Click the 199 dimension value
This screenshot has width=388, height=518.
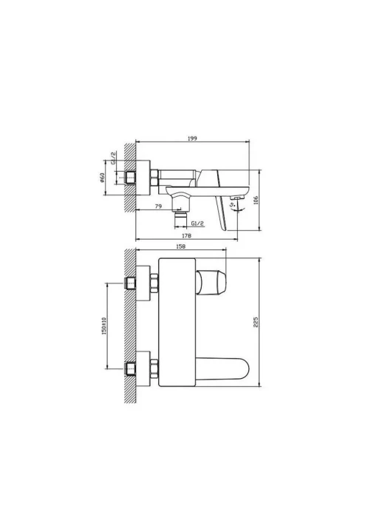pyautogui.click(x=192, y=138)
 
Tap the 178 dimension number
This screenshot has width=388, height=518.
pyautogui.click(x=186, y=235)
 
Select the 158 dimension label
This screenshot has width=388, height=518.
pyautogui.click(x=181, y=246)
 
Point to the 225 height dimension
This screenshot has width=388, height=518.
pyautogui.click(x=256, y=322)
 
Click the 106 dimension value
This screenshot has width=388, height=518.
pyautogui.click(x=256, y=201)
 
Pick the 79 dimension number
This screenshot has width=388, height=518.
pyautogui.click(x=158, y=206)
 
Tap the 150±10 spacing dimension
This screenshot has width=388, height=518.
pyautogui.click(x=104, y=326)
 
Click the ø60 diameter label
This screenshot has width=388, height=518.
pyautogui.click(x=102, y=178)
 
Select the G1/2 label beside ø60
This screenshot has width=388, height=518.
pyautogui.click(x=113, y=158)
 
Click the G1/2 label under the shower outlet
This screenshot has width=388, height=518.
pyautogui.click(x=197, y=223)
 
